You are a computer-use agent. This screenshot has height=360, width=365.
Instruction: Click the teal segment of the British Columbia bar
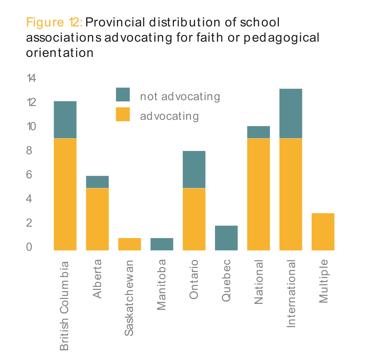[x=65, y=120]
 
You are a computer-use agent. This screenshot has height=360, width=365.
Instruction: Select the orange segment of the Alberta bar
[x=97, y=219]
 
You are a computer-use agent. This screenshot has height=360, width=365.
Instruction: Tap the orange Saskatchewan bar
[x=129, y=244]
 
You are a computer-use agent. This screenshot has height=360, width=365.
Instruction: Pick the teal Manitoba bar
[x=162, y=244]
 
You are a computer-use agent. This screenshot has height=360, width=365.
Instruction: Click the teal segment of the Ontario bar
[x=194, y=169]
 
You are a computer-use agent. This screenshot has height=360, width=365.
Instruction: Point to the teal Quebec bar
[x=226, y=238]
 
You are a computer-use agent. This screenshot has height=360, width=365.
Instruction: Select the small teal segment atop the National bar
[x=258, y=132]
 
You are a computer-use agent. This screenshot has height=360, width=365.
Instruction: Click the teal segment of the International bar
[x=291, y=113]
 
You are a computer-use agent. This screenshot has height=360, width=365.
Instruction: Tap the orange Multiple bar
[x=323, y=232]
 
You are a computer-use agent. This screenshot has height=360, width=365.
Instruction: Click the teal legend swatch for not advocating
[x=123, y=95]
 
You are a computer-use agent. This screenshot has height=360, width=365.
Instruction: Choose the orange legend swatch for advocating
[x=123, y=114]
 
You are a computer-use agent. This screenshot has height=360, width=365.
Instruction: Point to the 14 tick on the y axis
[x=31, y=78]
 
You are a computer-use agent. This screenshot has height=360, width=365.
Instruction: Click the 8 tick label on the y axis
[x=29, y=150]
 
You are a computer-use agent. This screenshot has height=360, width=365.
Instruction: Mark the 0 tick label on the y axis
[x=29, y=247]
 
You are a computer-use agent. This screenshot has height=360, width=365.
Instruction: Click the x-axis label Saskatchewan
[x=129, y=298]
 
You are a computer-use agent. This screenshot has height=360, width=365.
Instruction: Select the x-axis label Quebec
[x=226, y=280]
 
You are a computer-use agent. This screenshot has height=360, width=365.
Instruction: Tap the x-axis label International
[x=291, y=294]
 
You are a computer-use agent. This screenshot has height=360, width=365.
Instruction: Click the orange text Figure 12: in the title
[x=54, y=22]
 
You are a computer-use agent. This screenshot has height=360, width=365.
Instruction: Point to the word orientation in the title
[x=60, y=53]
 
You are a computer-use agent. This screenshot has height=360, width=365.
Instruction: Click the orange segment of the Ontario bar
[x=194, y=219]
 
